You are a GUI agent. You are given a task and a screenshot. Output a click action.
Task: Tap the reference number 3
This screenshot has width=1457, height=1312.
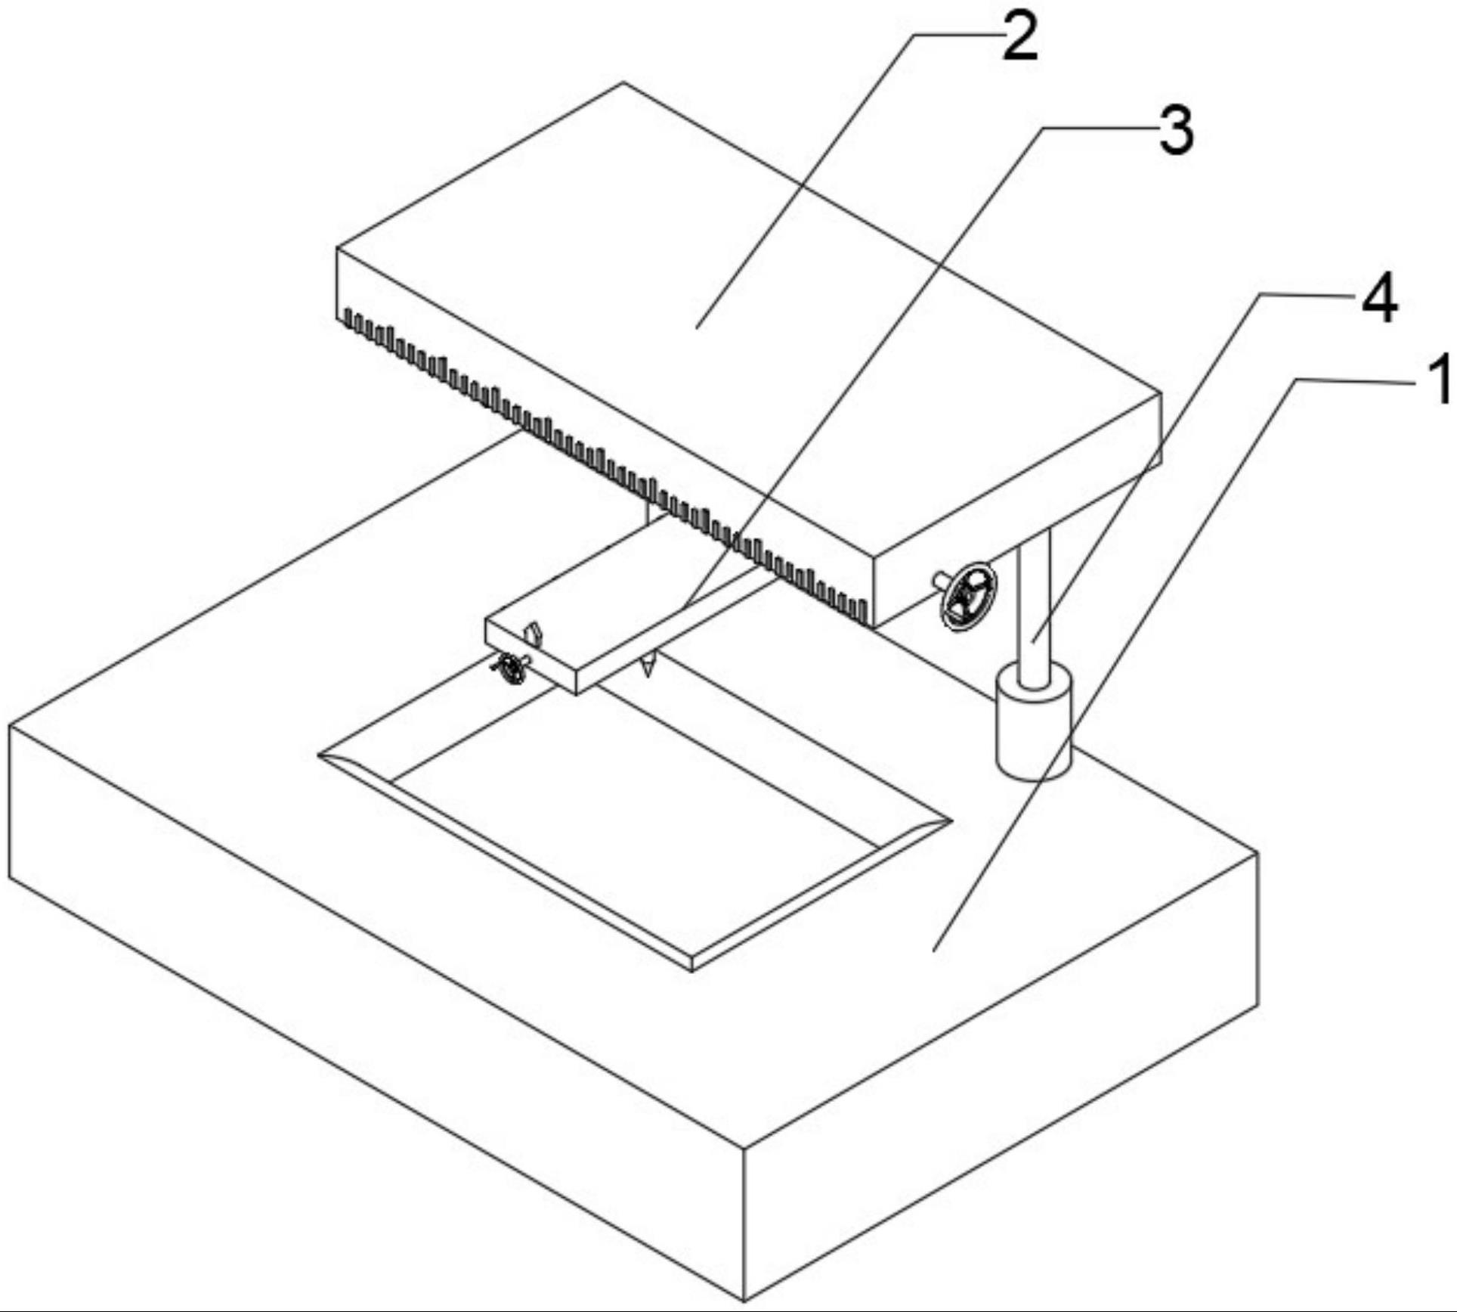pyautogui.click(x=1177, y=131)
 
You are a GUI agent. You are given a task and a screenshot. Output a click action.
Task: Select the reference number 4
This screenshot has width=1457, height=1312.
pyautogui.click(x=1379, y=299)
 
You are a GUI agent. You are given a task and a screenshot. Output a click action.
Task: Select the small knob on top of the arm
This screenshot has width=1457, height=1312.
pyautogui.click(x=534, y=610)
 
